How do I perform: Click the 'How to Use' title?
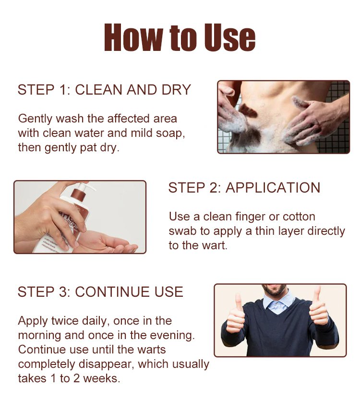[x=180, y=37]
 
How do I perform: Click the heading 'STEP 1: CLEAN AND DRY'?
[x=104, y=90]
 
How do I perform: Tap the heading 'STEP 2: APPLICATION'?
[x=244, y=188]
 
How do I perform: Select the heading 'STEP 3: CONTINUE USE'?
[x=100, y=292]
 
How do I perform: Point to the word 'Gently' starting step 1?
[x=36, y=119]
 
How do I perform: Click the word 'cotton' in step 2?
[x=299, y=217]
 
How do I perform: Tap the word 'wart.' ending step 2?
[x=215, y=245]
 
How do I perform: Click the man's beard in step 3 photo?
[x=275, y=290]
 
